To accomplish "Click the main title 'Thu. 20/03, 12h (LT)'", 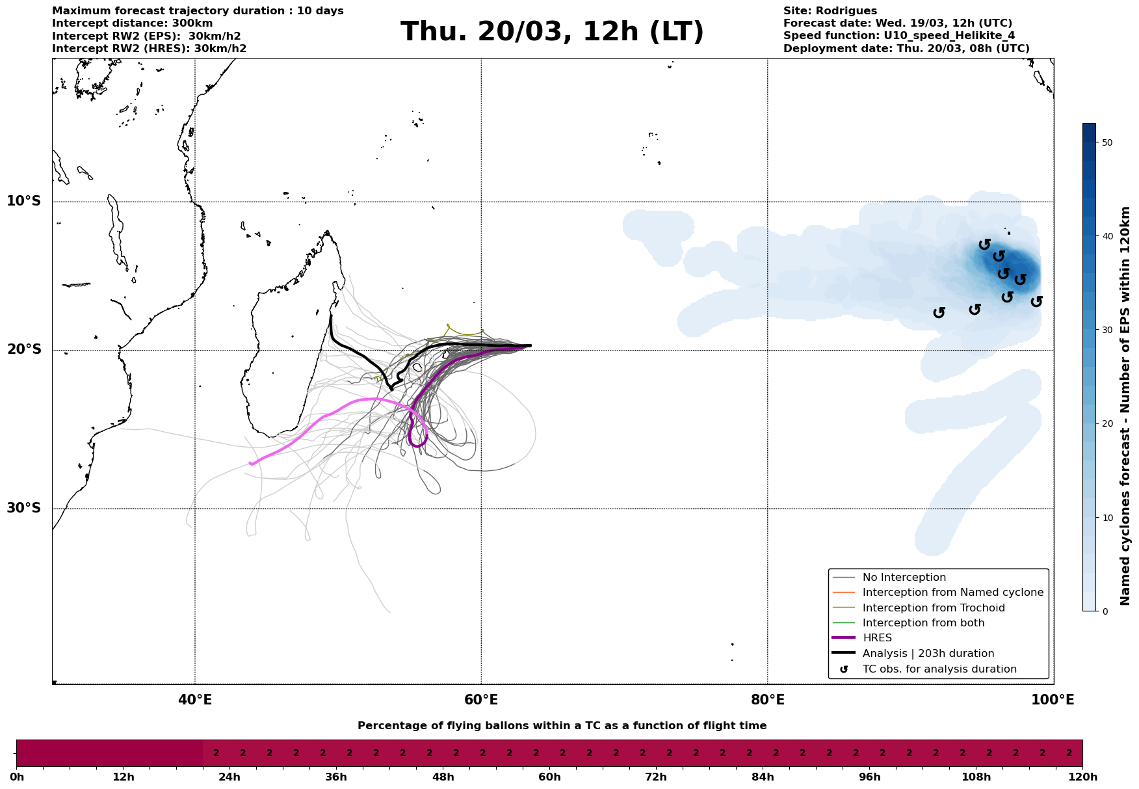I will click(552, 32).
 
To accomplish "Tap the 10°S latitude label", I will click(24, 201).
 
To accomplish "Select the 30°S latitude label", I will click(24, 508).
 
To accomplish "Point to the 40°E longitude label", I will click(195, 700).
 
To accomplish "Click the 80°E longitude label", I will click(767, 700).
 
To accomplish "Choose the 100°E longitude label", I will click(1053, 700).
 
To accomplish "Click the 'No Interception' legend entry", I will click(904, 578).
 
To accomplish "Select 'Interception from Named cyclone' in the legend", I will click(952, 593).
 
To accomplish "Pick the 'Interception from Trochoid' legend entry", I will click(933, 608).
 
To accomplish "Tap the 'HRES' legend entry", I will click(877, 638).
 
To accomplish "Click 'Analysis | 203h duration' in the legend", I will click(928, 654).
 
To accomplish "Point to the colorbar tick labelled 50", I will click(1108, 142).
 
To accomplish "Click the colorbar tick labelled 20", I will click(1108, 424).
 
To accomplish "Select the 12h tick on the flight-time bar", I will click(124, 777).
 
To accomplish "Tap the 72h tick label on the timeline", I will click(656, 777).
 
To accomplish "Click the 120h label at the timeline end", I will click(1082, 777).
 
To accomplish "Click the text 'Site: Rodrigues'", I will click(830, 11).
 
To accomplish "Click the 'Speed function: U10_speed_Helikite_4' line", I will click(898, 36).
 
